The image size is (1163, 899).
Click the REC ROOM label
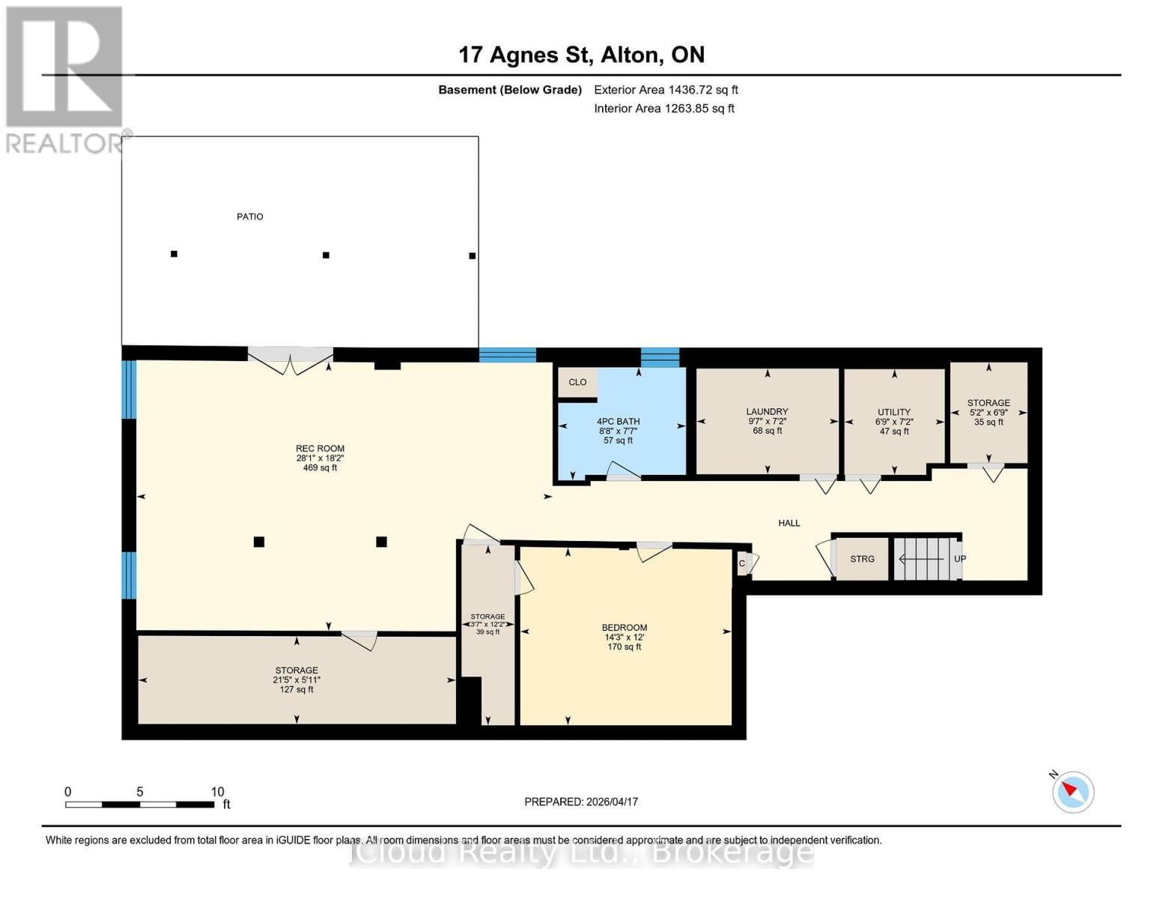320,449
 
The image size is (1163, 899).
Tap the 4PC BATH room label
618,422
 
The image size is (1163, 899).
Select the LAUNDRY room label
767,411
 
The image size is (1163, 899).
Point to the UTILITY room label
894,412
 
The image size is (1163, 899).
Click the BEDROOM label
624,628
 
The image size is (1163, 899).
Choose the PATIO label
250,217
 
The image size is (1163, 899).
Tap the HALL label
789,523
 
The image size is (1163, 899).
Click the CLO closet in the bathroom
577,382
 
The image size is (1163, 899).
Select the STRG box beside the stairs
862,559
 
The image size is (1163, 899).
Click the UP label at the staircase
959,559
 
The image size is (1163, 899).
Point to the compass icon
1072,792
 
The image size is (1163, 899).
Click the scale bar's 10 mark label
217,792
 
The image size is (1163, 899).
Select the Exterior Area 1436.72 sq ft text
666,90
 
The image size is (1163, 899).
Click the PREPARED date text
581,802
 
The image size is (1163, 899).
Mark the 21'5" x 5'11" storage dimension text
297,680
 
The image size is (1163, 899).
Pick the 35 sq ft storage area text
989,423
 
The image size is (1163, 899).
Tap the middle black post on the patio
326,255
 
